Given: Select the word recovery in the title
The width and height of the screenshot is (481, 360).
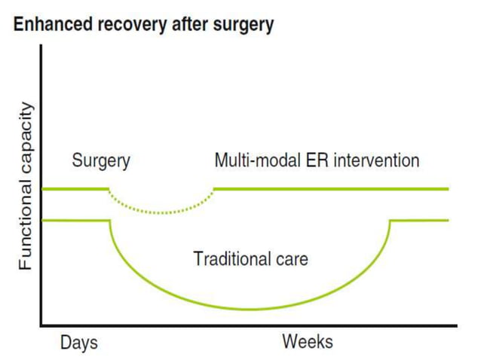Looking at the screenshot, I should click(x=121, y=25).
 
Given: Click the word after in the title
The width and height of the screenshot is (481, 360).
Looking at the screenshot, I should click(x=182, y=25).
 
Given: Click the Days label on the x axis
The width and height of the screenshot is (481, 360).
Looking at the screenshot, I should click(x=78, y=343).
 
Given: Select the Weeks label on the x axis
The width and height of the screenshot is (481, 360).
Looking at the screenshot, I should click(x=308, y=343).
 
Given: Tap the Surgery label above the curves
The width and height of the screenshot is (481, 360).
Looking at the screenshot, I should click(x=101, y=160).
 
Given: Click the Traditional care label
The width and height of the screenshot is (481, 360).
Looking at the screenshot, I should click(x=250, y=259).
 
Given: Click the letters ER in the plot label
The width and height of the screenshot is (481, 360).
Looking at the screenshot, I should click(x=314, y=160).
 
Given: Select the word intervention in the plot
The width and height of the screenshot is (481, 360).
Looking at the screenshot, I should click(x=375, y=160).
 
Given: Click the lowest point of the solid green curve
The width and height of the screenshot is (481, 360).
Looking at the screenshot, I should click(x=250, y=309).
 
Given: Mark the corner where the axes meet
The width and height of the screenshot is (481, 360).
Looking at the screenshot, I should click(x=41, y=325).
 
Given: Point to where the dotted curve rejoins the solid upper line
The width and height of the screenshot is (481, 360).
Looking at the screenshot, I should click(x=214, y=188).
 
